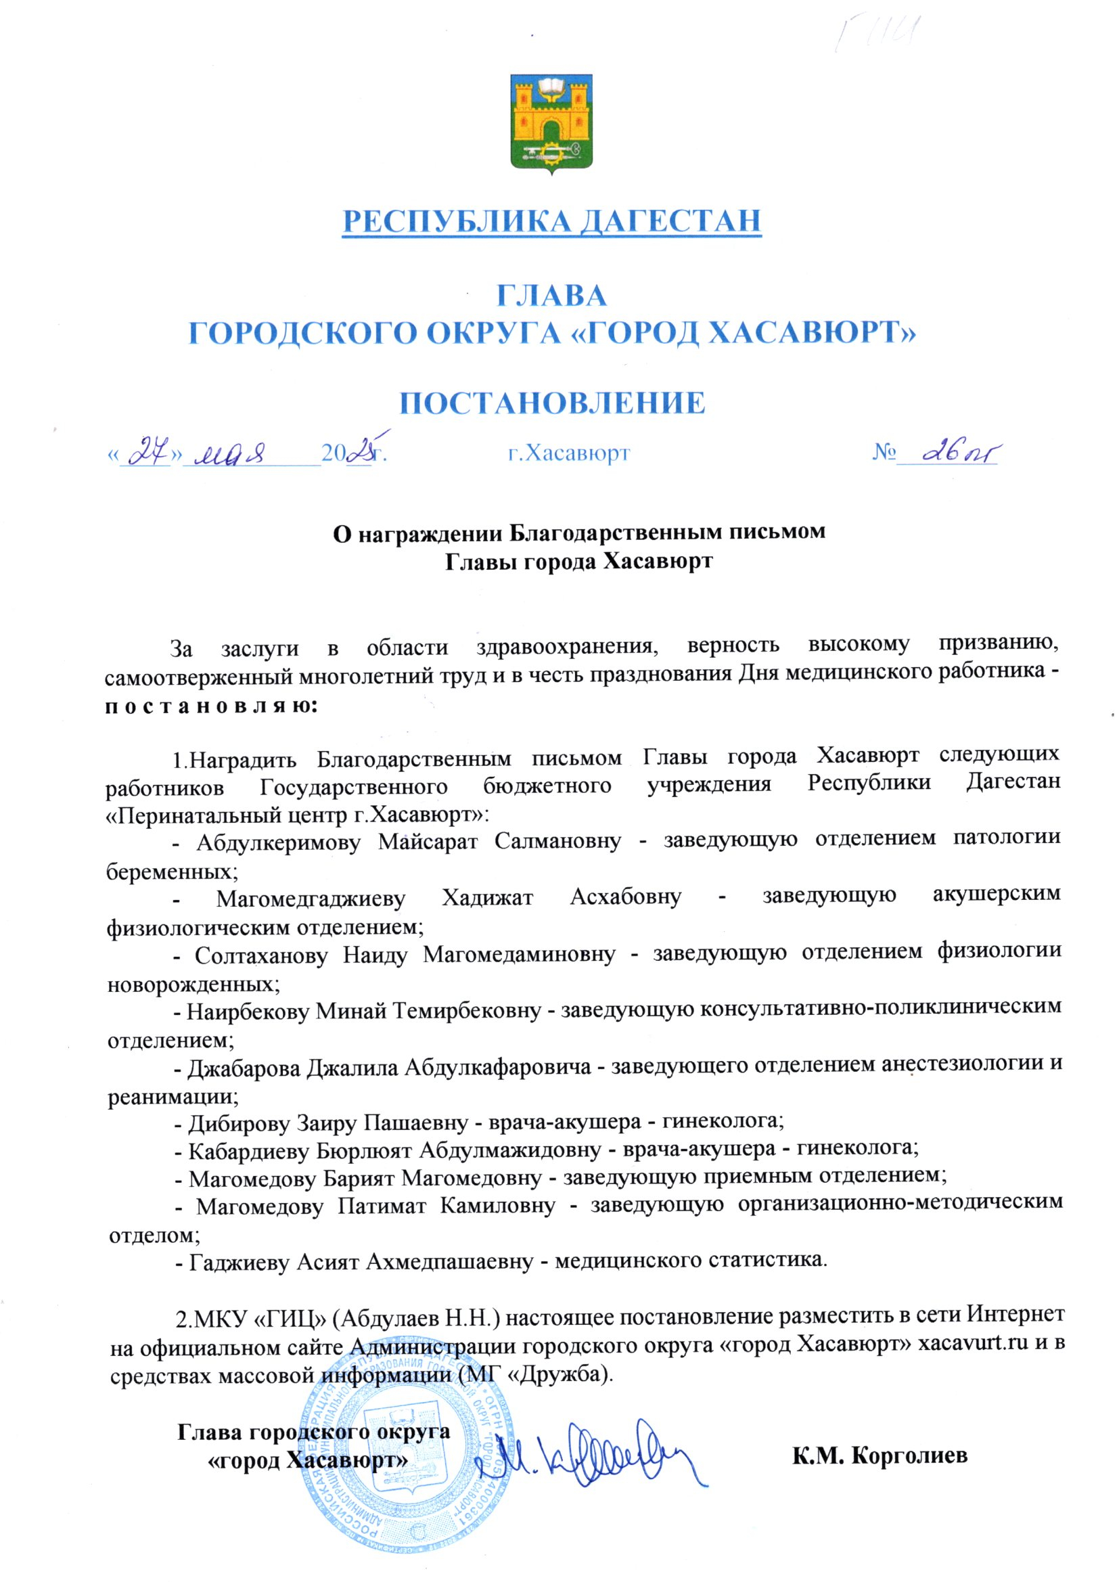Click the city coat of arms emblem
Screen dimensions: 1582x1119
(x=551, y=122)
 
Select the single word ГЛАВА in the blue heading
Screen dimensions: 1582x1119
(x=552, y=296)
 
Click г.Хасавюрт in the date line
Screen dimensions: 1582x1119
(x=568, y=453)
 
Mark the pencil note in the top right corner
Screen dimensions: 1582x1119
(x=876, y=33)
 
